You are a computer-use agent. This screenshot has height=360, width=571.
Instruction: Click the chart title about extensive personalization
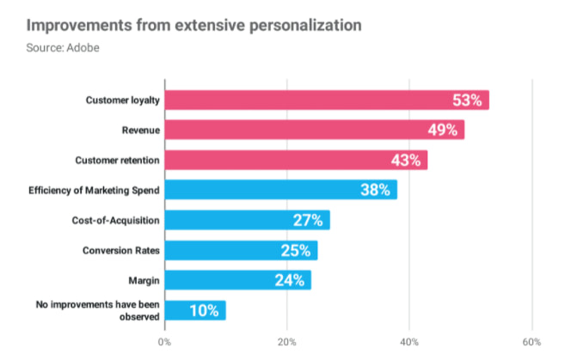[181, 23]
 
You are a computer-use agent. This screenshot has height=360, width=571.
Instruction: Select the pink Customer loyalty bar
[327, 101]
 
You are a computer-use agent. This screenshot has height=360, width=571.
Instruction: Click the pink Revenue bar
[314, 131]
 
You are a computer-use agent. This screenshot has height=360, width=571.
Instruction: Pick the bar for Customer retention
[296, 160]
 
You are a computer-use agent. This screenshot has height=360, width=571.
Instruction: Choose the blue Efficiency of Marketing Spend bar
[280, 190]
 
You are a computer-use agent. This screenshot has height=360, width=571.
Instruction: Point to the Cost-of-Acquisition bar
[247, 220]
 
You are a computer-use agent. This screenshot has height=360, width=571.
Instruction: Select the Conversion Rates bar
[241, 250]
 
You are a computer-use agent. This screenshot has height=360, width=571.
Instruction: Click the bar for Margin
[237, 280]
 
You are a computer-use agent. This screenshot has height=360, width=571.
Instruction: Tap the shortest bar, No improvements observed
[195, 310]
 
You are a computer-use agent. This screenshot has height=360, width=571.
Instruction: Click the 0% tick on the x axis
[165, 342]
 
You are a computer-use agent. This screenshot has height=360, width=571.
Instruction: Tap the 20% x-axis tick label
[287, 342]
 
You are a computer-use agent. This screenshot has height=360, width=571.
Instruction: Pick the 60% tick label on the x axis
[531, 342]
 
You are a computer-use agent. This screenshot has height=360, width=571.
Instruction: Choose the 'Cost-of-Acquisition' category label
[115, 220]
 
